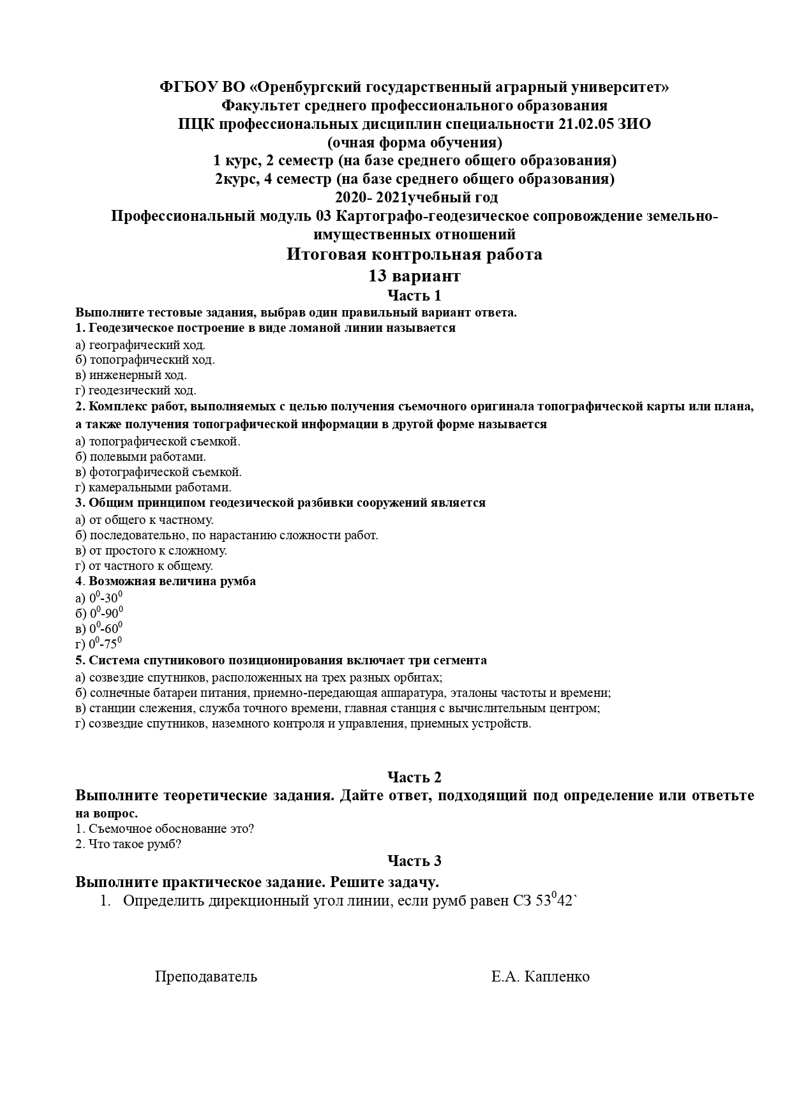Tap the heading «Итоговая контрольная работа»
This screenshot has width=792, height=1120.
414,255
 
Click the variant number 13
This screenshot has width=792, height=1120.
377,276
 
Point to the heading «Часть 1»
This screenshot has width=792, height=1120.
414,295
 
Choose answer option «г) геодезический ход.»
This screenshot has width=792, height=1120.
136,391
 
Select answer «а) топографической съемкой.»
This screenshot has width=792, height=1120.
158,441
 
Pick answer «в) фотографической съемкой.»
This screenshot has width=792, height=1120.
158,472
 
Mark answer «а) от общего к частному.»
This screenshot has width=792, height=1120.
144,519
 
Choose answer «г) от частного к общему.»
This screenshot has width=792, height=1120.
144,566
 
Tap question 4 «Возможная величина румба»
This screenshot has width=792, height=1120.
172,581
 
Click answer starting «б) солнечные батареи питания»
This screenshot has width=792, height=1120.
343,693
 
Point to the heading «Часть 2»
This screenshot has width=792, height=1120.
414,777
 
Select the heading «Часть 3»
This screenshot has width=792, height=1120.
414,861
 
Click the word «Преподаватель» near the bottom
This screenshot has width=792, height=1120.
206,976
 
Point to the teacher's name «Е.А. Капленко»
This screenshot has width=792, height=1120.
541,976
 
